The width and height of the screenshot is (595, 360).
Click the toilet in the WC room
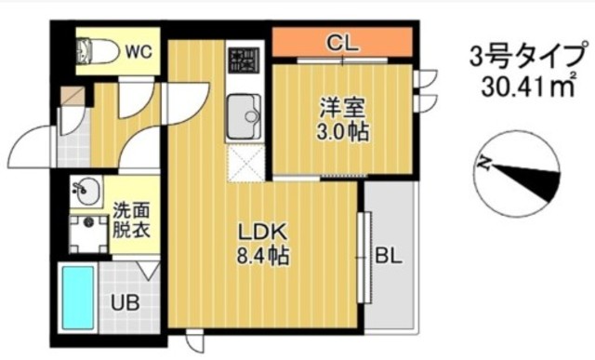(x=96, y=51)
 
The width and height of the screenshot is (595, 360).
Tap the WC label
(x=139, y=51)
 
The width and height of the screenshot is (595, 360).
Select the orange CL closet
(x=342, y=42)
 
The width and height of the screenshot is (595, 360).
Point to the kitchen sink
(x=244, y=116)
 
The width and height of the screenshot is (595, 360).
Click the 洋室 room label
(x=342, y=108)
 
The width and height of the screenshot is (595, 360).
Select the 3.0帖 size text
(x=342, y=131)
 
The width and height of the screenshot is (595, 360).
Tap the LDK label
(x=261, y=232)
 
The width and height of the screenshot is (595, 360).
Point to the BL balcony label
(x=388, y=256)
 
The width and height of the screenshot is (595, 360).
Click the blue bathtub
(x=78, y=298)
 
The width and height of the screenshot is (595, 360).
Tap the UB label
(x=126, y=302)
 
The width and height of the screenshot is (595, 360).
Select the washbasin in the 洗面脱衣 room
(x=86, y=192)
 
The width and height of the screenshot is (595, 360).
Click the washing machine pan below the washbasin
(x=88, y=233)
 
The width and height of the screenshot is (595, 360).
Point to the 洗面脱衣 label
(x=131, y=220)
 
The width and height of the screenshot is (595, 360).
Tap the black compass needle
(x=527, y=181)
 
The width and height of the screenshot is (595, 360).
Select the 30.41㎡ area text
(x=529, y=87)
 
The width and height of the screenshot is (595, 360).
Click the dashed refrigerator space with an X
(x=246, y=164)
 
